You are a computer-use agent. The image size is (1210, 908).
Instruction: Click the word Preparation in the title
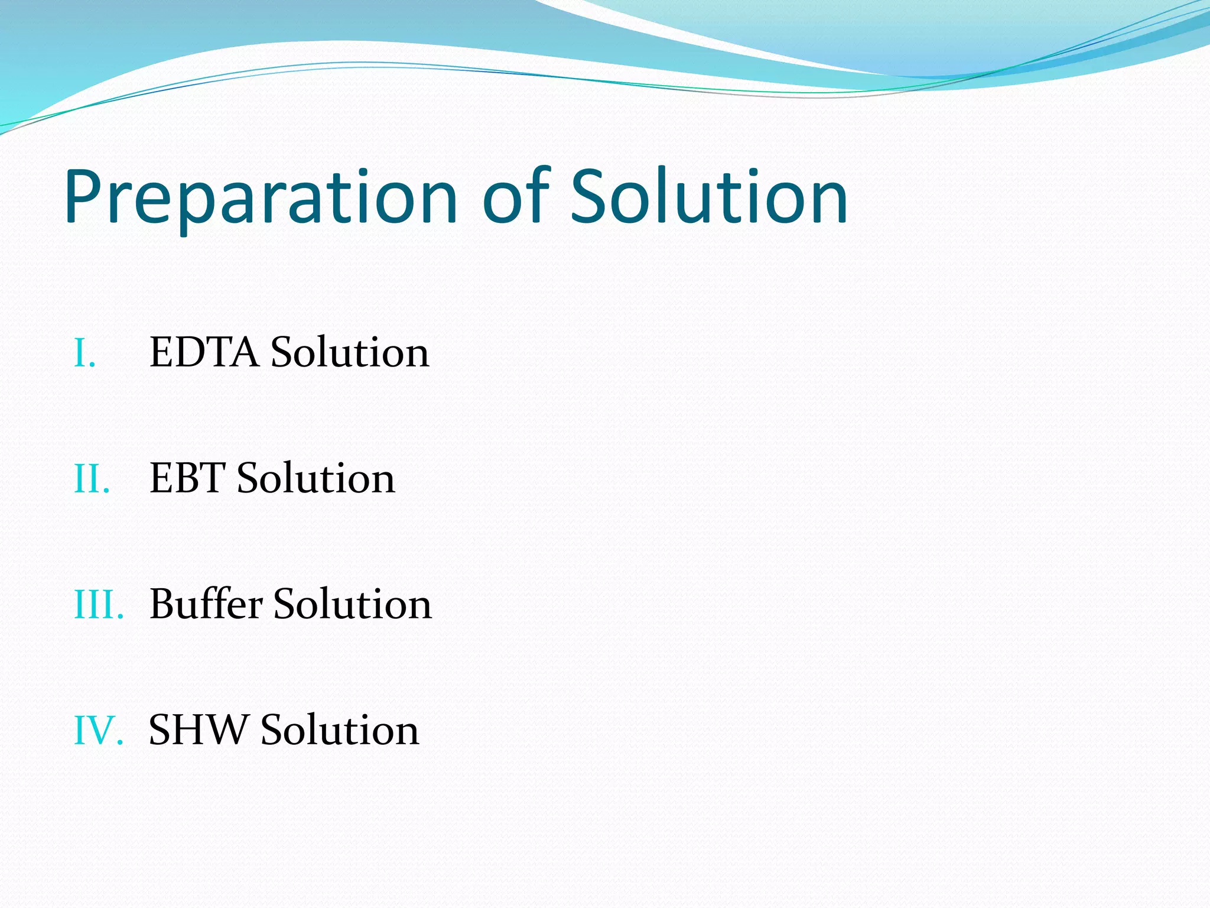[261, 198]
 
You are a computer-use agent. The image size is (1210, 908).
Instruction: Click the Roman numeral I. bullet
[84, 354]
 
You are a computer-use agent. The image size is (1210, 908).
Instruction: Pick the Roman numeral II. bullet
[92, 479]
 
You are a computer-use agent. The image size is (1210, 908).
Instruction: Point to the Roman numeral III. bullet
[99, 605]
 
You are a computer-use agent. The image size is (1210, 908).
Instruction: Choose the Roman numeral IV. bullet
[98, 731]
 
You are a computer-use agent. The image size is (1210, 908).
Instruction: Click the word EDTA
[204, 353]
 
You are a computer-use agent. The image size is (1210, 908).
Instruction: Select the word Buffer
[206, 604]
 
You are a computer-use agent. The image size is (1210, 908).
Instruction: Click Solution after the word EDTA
[350, 353]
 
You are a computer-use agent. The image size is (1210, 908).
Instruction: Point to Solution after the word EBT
[315, 478]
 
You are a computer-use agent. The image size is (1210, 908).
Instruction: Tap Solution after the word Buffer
[353, 604]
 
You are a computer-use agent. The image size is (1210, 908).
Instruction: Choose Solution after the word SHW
[340, 730]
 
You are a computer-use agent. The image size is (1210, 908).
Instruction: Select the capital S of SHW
[160, 730]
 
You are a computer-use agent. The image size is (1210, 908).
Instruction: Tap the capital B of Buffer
[164, 604]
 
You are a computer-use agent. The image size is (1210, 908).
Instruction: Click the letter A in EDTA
[245, 353]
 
